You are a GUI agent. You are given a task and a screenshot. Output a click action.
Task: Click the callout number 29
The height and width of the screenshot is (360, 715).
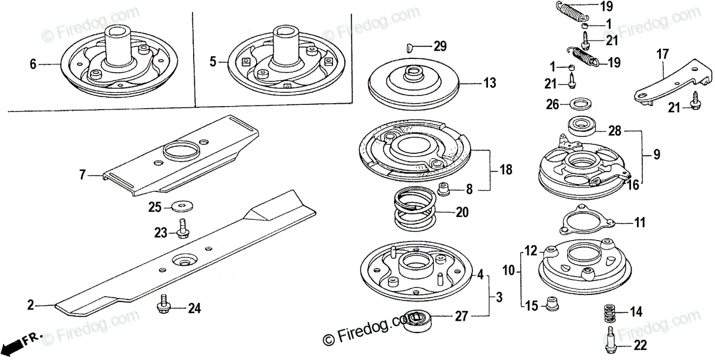(x=439, y=46)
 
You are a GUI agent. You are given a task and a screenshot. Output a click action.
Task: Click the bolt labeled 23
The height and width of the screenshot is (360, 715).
(x=182, y=229)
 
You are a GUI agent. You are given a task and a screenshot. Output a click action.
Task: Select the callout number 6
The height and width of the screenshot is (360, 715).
(x=33, y=63)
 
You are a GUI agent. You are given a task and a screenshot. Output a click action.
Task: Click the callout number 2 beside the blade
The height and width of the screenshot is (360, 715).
(x=30, y=306)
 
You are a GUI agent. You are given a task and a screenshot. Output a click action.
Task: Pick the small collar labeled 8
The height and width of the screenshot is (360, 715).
(x=443, y=190)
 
